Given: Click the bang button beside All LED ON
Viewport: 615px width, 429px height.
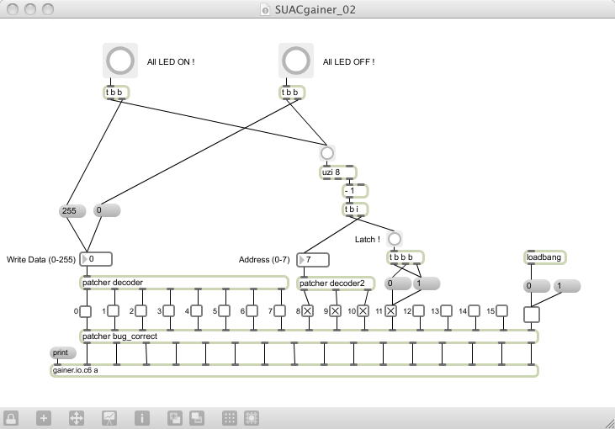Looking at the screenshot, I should pyautogui.click(x=120, y=61).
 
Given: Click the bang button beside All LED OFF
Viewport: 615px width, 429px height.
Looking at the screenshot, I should pyautogui.click(x=296, y=61).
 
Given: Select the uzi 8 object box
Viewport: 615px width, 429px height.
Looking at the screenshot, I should pyautogui.click(x=337, y=172).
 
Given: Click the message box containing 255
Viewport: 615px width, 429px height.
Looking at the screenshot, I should pyautogui.click(x=72, y=211).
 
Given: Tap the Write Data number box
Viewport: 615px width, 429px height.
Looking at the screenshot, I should pyautogui.click(x=96, y=259).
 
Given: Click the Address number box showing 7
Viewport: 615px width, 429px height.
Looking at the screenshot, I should pyautogui.click(x=313, y=260).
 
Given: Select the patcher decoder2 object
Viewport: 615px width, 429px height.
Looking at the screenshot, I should pyautogui.click(x=337, y=283).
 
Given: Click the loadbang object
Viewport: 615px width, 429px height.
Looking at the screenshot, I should pyautogui.click(x=543, y=257).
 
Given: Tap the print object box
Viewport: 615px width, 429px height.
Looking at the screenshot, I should pyautogui.click(x=62, y=353).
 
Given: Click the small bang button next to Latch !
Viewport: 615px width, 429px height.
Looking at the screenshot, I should pyautogui.click(x=394, y=239).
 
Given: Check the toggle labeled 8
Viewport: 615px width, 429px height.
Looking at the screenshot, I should pyautogui.click(x=307, y=311).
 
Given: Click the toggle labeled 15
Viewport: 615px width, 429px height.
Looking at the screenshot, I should pyautogui.click(x=501, y=311).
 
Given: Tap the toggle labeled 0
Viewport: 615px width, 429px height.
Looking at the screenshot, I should pyautogui.click(x=86, y=311).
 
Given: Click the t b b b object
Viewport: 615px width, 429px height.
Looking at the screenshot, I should pyautogui.click(x=405, y=257).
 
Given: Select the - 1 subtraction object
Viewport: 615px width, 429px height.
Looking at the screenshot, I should pyautogui.click(x=354, y=191).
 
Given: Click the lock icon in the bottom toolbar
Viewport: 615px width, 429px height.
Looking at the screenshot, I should pyautogui.click(x=12, y=417).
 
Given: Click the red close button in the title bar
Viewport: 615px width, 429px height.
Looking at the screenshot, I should pyautogui.click(x=12, y=9).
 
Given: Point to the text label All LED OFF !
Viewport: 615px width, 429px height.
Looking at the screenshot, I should pyautogui.click(x=349, y=62).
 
